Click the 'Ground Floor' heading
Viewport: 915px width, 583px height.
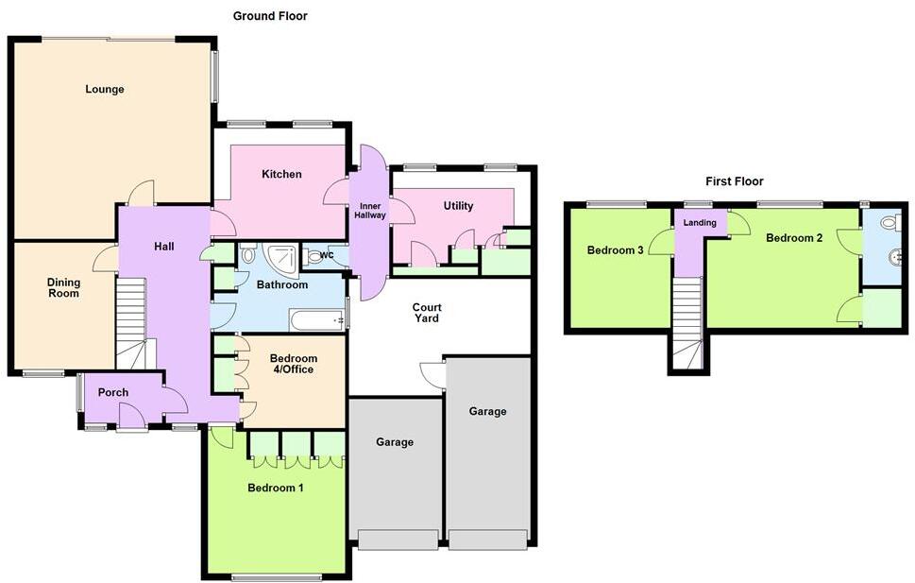coord(270,16)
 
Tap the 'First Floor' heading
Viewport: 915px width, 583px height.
coord(734,181)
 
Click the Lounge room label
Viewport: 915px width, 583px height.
coord(105,90)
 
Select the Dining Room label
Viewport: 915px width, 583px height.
coord(64,288)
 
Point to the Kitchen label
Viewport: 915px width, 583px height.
coord(281,174)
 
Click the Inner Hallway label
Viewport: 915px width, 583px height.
coord(368,210)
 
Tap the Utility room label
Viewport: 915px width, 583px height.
coord(458,206)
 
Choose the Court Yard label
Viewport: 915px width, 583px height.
coord(427,313)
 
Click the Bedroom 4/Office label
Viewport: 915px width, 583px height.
coord(294,364)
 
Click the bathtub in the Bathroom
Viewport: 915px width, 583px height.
coord(317,321)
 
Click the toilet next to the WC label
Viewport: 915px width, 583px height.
coord(314,255)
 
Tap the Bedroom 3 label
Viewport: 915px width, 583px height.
coord(615,250)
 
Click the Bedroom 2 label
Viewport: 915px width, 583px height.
coord(794,238)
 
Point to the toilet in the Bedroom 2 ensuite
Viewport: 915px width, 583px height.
coord(888,225)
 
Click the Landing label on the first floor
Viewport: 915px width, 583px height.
coord(700,223)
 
